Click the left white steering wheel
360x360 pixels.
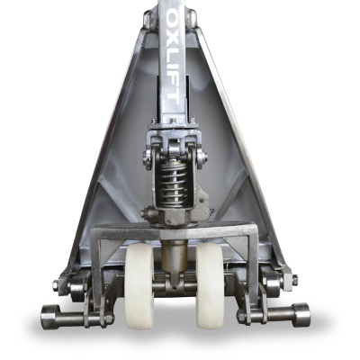tap(139, 286)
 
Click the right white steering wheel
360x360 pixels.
tap(210, 286)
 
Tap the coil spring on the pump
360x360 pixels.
tap(174, 183)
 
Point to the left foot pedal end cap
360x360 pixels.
tap(50, 317)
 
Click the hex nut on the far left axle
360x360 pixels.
tap(56, 286)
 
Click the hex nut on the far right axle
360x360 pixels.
tap(294, 280)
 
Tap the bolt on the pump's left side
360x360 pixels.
tap(146, 213)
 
